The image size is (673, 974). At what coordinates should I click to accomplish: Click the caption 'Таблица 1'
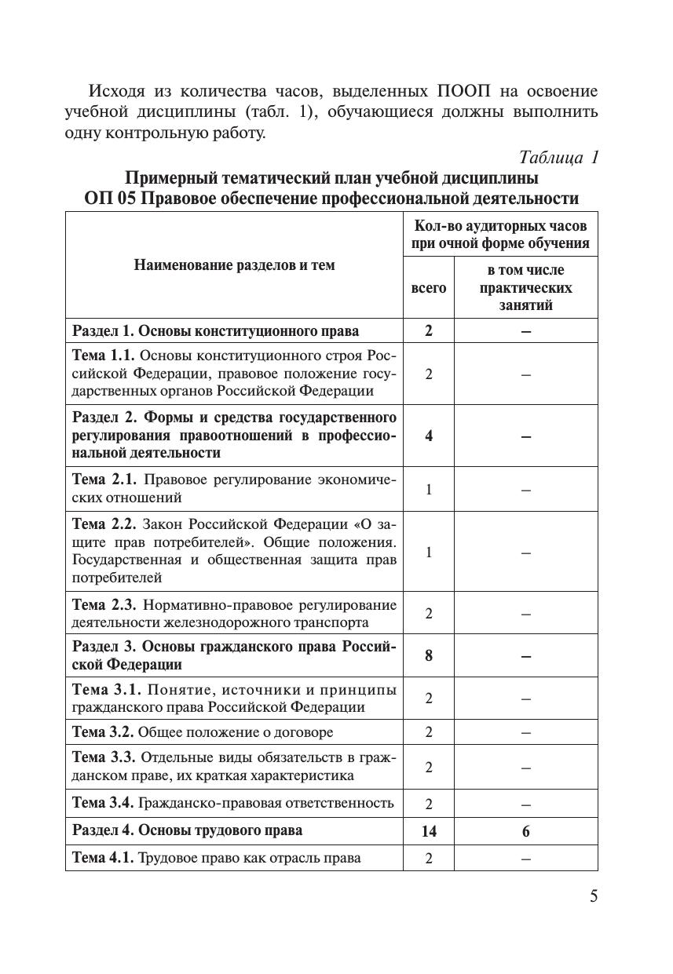tap(560, 157)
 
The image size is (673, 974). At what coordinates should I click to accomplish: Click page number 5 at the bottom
tap(594, 896)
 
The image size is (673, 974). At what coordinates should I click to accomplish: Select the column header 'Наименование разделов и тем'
tap(234, 265)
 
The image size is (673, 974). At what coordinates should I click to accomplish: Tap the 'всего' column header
tap(428, 288)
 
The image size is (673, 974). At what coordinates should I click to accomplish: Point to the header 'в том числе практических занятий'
tap(525, 288)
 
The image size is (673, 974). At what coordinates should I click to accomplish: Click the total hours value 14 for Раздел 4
tap(428, 831)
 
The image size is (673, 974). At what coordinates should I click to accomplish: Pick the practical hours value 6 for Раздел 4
tap(525, 831)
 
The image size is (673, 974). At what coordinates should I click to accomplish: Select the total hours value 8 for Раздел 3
tap(428, 655)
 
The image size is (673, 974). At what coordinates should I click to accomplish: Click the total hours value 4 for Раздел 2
tap(428, 436)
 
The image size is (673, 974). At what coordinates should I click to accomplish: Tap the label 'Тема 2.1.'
tap(104, 480)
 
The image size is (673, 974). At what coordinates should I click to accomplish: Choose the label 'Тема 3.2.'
tap(104, 732)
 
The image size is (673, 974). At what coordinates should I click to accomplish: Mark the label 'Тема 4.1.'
tap(104, 858)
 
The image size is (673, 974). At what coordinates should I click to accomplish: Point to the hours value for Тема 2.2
tap(428, 552)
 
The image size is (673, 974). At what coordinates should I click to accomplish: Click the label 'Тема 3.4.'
tap(104, 803)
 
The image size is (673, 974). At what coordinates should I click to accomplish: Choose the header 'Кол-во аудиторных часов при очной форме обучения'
tap(500, 234)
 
